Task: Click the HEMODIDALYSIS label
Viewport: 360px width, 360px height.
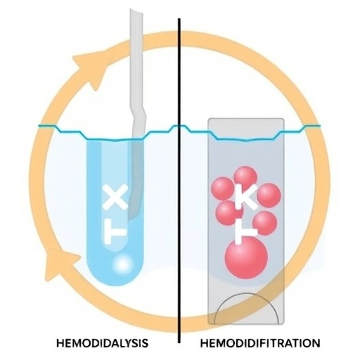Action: pos(103,343)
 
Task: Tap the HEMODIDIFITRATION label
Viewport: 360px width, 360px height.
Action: pos(260,343)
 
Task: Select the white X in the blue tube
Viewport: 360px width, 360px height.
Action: pos(116,197)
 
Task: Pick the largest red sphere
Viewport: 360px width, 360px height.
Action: pos(246,258)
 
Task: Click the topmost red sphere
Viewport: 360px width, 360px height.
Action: pos(245,177)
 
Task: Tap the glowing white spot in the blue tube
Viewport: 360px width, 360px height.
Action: pos(123,264)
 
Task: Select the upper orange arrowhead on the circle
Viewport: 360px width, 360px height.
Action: pos(90,67)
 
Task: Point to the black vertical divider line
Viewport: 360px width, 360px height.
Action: pos(179,181)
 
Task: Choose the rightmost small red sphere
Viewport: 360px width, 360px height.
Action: pos(269,195)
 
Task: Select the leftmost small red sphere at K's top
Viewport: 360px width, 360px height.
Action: pos(223,189)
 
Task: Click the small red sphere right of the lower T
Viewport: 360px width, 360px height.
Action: pos(265,223)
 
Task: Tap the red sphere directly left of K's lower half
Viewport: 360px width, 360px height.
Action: pos(227,212)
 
